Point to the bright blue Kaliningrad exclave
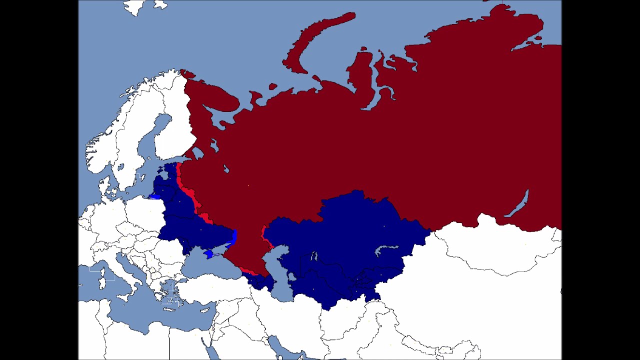pyautogui.click(x=155, y=196)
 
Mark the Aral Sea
pyautogui.click(x=314, y=256)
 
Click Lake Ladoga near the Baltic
pyautogui.click(x=197, y=152)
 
